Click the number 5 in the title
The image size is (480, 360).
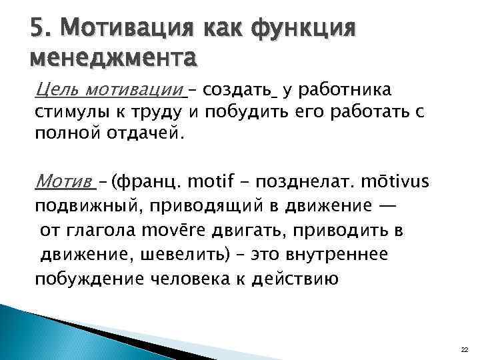(38, 29)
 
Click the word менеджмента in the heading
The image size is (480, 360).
(113, 59)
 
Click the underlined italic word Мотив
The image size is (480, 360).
(64, 181)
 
